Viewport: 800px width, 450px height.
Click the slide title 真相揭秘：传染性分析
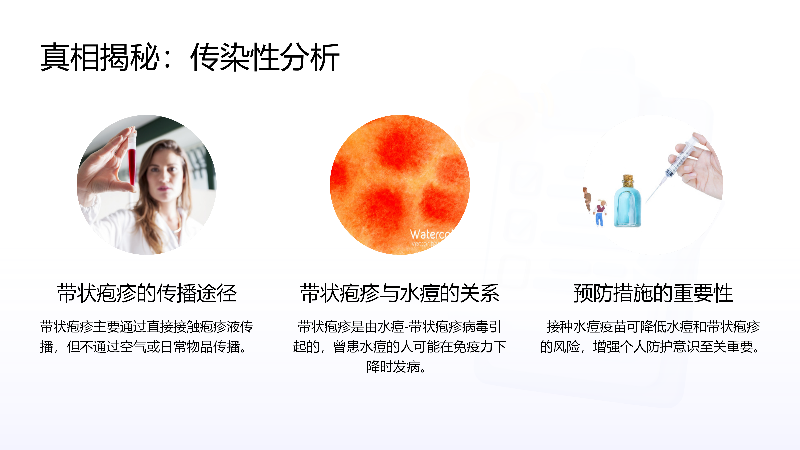coord(190,57)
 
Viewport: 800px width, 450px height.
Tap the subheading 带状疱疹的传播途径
coord(147,293)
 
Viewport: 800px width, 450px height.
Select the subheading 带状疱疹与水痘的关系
coord(400,293)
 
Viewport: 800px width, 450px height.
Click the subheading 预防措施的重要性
coord(653,293)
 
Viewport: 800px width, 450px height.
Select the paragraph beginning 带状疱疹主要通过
coord(147,337)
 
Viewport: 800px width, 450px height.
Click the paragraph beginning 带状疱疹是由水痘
coord(400,346)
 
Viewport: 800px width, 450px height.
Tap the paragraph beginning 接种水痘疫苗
coord(650,337)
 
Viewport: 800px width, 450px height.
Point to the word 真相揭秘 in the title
coord(100,57)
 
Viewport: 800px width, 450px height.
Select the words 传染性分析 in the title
coord(265,57)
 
